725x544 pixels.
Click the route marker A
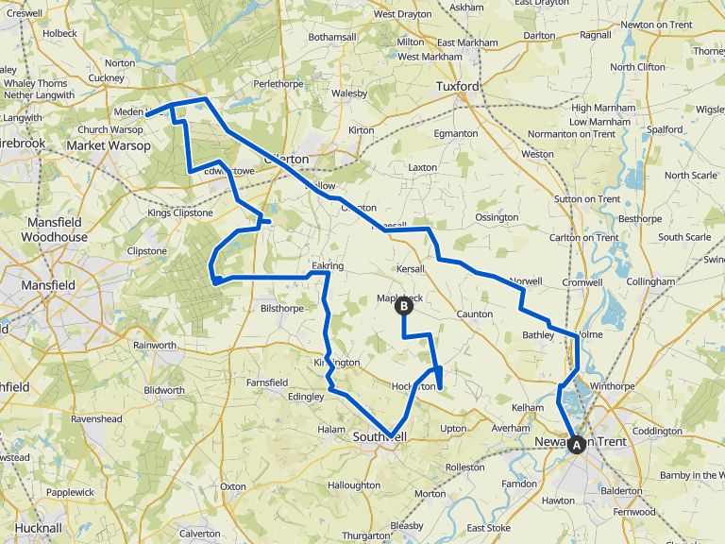[x=577, y=444]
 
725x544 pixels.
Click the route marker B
[x=403, y=305]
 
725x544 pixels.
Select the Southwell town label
[x=379, y=437]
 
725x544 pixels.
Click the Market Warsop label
[x=109, y=146]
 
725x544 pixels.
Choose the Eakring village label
[x=327, y=267]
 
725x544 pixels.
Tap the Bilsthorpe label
[x=282, y=308]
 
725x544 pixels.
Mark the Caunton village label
[x=474, y=314]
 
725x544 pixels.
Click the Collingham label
[x=651, y=281]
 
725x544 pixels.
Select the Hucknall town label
[x=38, y=527]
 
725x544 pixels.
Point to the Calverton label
[x=199, y=533]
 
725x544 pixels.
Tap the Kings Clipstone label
[x=178, y=213]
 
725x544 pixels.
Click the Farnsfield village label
[x=267, y=382]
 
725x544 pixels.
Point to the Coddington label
[x=657, y=431]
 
